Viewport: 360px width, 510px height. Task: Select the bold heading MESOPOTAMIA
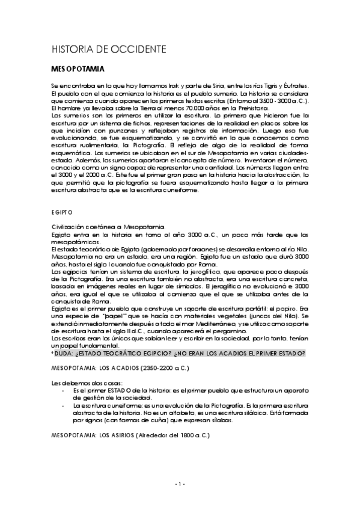coord(78,69)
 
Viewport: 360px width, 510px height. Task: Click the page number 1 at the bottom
coord(180,484)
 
